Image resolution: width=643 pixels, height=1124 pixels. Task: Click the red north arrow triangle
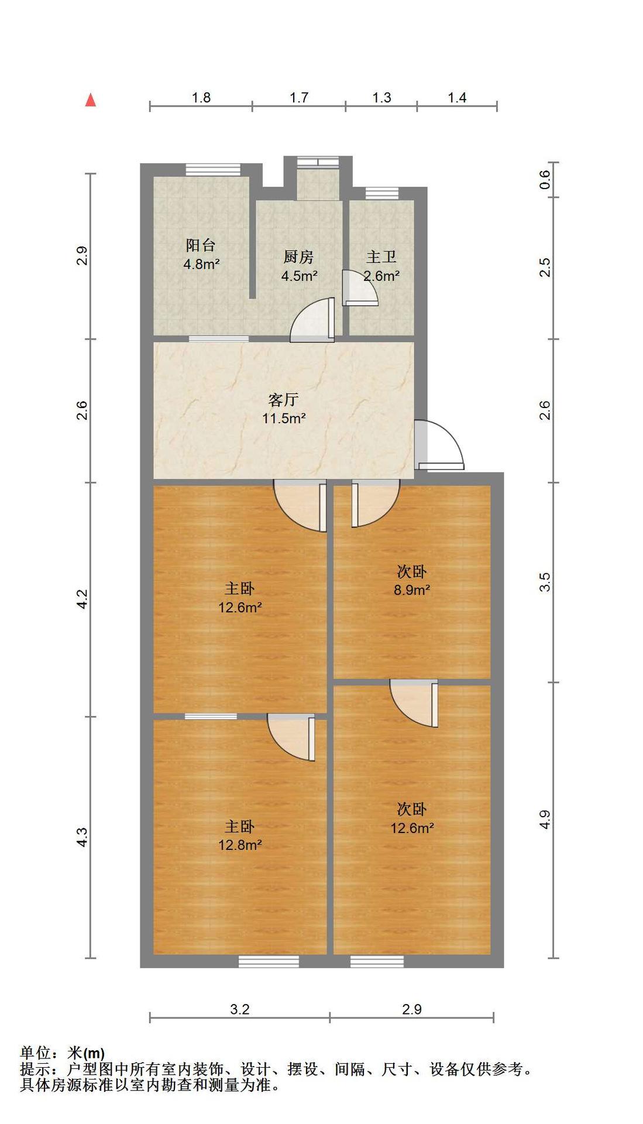point(91,100)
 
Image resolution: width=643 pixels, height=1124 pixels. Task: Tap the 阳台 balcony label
point(201,245)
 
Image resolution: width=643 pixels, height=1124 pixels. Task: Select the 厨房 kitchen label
point(298,257)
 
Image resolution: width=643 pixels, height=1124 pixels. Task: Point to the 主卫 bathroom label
point(381,257)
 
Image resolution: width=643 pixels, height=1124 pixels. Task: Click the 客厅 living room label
point(284,400)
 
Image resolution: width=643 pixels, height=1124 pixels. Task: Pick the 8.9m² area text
point(412,590)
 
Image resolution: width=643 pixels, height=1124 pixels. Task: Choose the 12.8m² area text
point(240,845)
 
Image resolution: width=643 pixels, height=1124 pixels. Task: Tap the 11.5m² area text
point(284,418)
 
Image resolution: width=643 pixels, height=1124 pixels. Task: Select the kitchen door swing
point(312,320)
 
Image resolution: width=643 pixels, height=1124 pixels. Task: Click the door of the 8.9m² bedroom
point(375,503)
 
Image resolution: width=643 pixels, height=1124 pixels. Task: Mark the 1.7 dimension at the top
point(299,97)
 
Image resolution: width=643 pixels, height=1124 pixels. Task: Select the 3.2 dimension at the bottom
point(240,1009)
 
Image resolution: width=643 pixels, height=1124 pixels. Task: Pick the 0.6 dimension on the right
point(545,179)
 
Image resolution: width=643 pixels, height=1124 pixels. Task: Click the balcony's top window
point(213,169)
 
